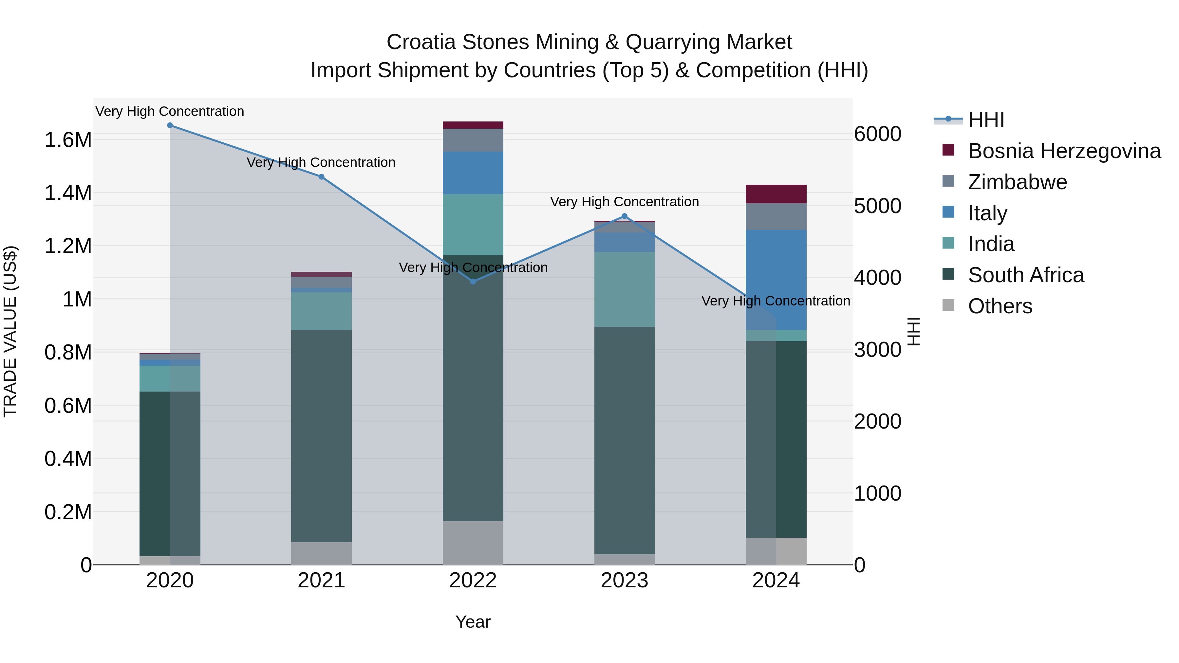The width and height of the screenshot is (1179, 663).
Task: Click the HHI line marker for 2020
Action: tap(170, 125)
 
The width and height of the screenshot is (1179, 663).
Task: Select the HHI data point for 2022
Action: tap(473, 281)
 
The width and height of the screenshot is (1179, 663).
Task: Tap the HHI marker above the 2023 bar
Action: tap(624, 216)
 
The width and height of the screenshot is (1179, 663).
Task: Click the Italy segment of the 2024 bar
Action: tap(776, 275)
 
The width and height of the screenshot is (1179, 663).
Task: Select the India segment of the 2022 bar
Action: tap(473, 224)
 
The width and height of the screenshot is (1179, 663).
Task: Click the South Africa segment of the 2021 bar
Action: tap(321, 435)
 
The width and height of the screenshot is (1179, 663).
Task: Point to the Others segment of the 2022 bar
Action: tap(473, 543)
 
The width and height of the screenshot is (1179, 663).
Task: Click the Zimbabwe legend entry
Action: tap(1017, 182)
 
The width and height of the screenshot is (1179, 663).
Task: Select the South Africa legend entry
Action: tap(1025, 275)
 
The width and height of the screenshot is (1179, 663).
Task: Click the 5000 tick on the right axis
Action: tap(877, 206)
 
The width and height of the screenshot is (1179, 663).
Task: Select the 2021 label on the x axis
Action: tap(321, 580)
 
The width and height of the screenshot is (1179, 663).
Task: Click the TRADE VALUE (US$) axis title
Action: tap(10, 331)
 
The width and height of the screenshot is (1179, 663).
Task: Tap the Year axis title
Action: tap(473, 622)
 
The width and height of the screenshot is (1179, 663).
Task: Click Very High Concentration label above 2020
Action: tap(170, 111)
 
